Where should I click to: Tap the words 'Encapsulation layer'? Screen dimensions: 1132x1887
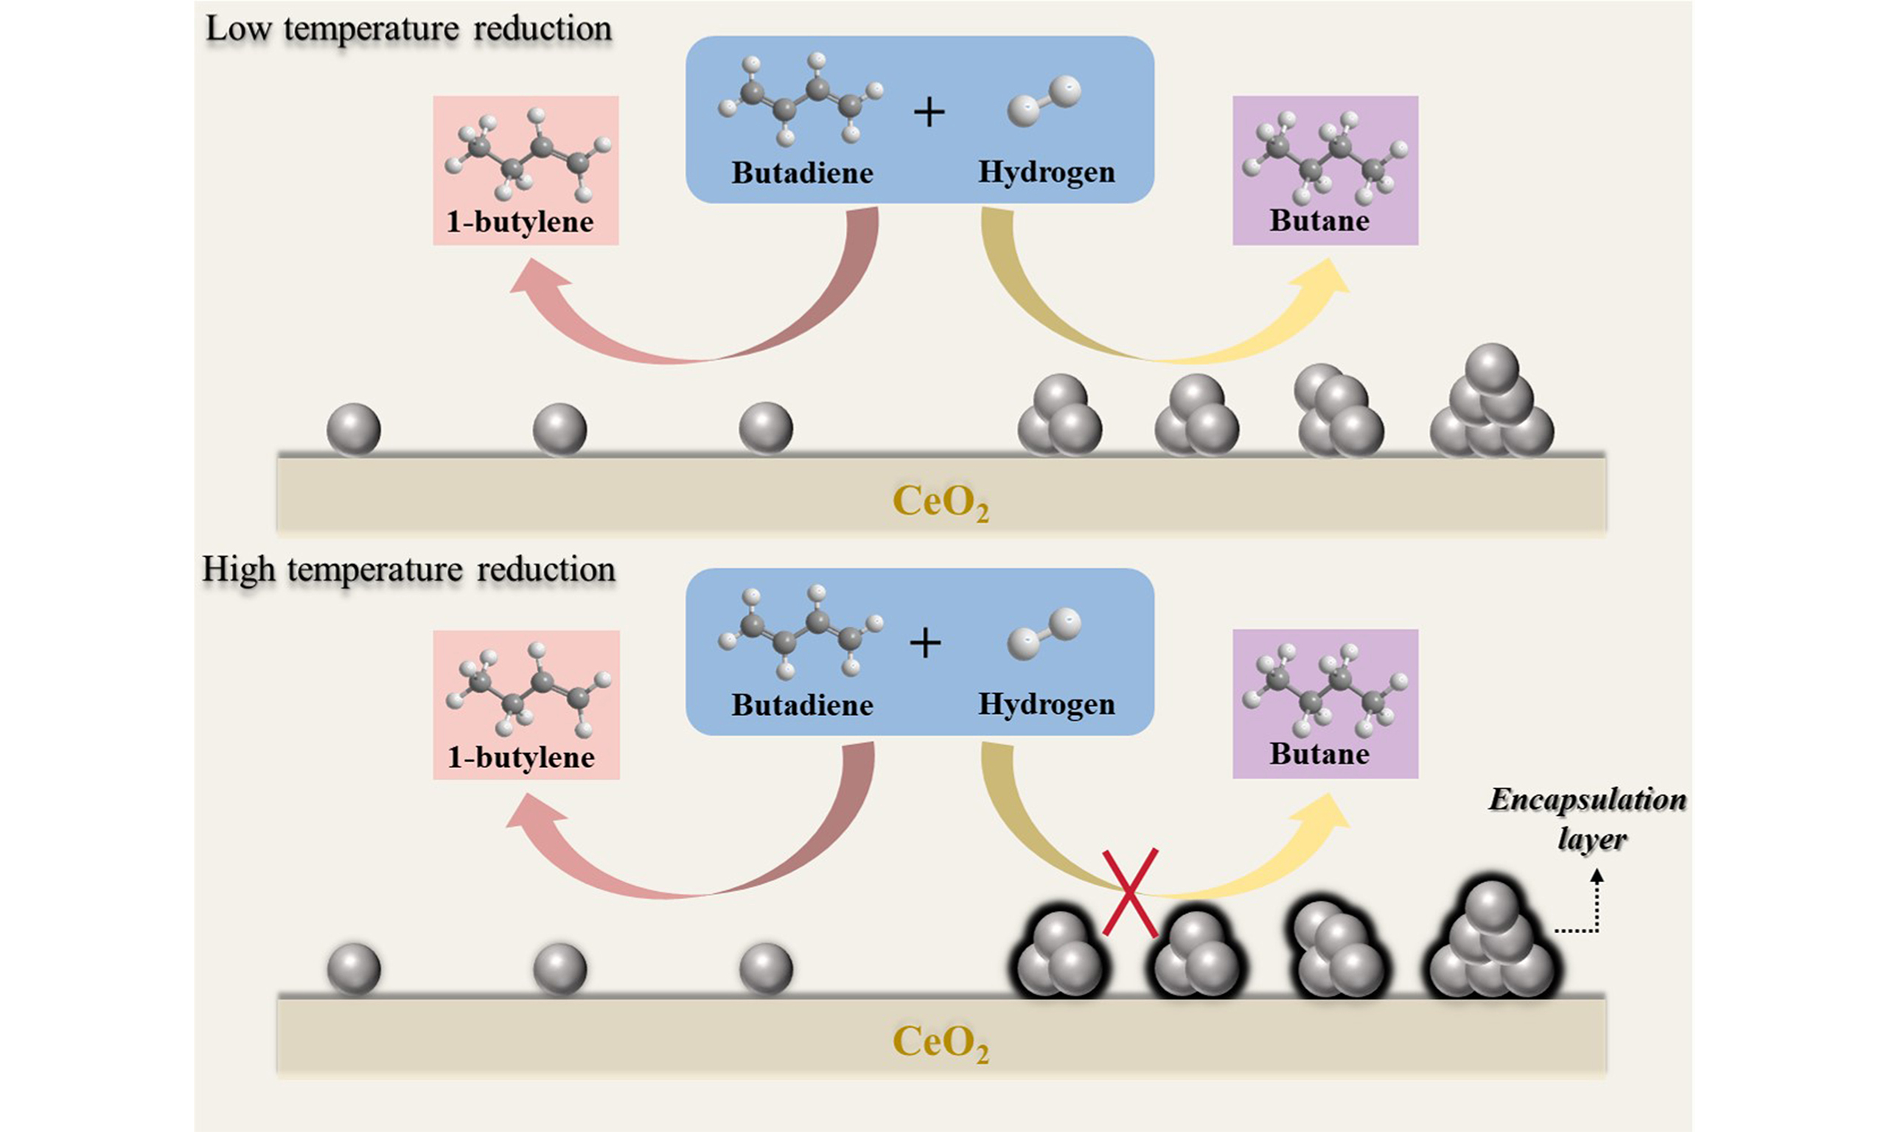tap(1587, 819)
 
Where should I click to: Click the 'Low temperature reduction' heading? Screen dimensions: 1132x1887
tap(409, 29)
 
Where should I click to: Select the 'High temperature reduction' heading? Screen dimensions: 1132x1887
tap(409, 570)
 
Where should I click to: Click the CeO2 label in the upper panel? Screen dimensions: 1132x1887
tap(941, 502)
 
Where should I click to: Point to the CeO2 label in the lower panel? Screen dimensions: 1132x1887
tap(941, 1042)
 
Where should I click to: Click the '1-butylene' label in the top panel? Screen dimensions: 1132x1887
tap(520, 222)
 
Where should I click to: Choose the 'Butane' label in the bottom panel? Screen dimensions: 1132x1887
tap(1319, 754)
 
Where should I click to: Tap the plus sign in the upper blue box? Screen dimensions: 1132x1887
tap(929, 113)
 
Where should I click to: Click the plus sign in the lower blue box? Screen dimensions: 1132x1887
tap(926, 644)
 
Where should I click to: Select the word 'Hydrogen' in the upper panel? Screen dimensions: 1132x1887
tap(1047, 172)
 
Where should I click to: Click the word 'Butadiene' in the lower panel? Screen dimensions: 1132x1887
tap(803, 705)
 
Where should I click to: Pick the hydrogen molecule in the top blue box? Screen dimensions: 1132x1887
tap(1044, 100)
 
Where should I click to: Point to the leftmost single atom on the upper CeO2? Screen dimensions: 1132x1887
tap(354, 430)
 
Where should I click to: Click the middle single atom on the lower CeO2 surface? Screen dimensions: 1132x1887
tap(560, 970)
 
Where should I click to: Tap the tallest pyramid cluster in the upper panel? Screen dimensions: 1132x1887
tap(1491, 405)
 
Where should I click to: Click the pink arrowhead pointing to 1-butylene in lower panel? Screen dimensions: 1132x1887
tap(534, 816)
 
